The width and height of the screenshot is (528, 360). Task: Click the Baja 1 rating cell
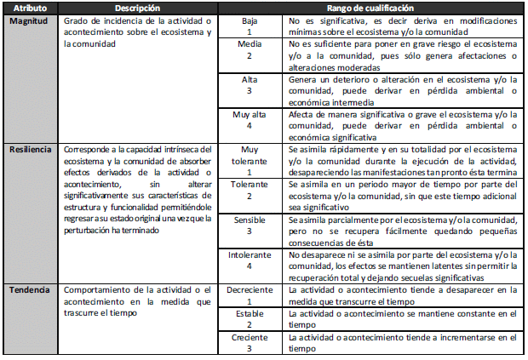[x=250, y=28]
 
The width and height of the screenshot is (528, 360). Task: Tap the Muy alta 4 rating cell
[x=250, y=120]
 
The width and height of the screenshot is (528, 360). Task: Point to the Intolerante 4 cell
[x=250, y=260]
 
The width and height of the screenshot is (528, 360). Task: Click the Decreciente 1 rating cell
[x=250, y=295]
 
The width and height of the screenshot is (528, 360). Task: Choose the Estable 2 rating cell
[x=250, y=318]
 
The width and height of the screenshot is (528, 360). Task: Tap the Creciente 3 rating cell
[x=250, y=342]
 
